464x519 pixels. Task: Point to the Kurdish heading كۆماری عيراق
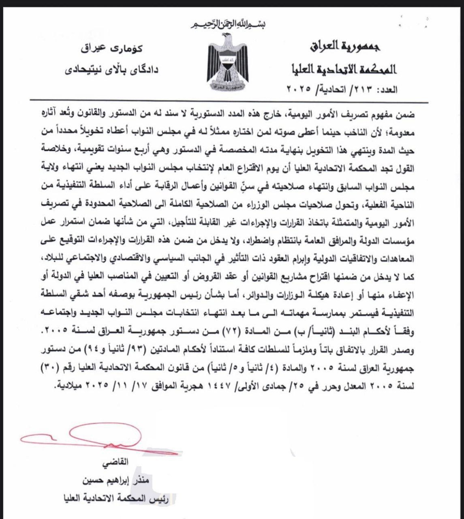tap(112, 50)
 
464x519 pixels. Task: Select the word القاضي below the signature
tap(116, 462)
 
